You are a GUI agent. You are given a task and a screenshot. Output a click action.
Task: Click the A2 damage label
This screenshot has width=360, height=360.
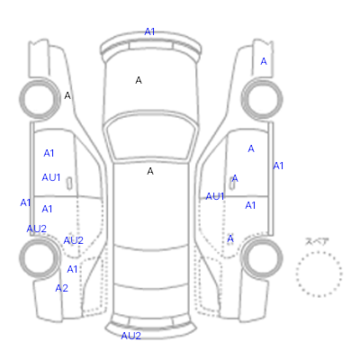tap(61, 288)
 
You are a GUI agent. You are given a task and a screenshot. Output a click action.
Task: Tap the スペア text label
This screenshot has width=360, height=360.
tap(317, 241)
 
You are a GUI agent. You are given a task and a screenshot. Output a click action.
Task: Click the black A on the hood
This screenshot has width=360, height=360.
tap(139, 80)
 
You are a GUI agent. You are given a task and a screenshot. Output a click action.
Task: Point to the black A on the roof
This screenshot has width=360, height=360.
tap(150, 171)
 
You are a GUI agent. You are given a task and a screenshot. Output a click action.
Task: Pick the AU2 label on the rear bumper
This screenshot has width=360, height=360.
tap(130, 336)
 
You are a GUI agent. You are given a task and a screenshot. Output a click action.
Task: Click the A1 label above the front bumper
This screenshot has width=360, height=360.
tap(149, 31)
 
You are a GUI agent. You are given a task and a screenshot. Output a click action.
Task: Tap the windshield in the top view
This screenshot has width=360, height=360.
tap(151, 137)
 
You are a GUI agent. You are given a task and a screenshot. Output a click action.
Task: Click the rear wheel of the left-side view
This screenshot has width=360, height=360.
tap(40, 257)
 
